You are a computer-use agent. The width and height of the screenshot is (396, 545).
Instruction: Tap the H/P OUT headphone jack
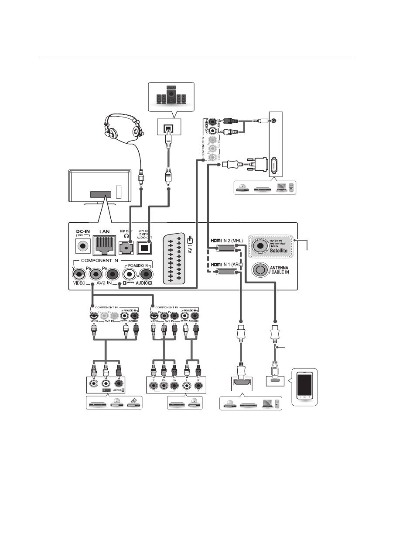click(127, 248)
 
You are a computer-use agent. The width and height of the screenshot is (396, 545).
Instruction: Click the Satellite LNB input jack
click(260, 246)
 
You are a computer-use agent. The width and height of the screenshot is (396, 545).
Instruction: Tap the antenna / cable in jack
click(260, 270)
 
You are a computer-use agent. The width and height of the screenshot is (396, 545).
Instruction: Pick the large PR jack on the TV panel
click(113, 275)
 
